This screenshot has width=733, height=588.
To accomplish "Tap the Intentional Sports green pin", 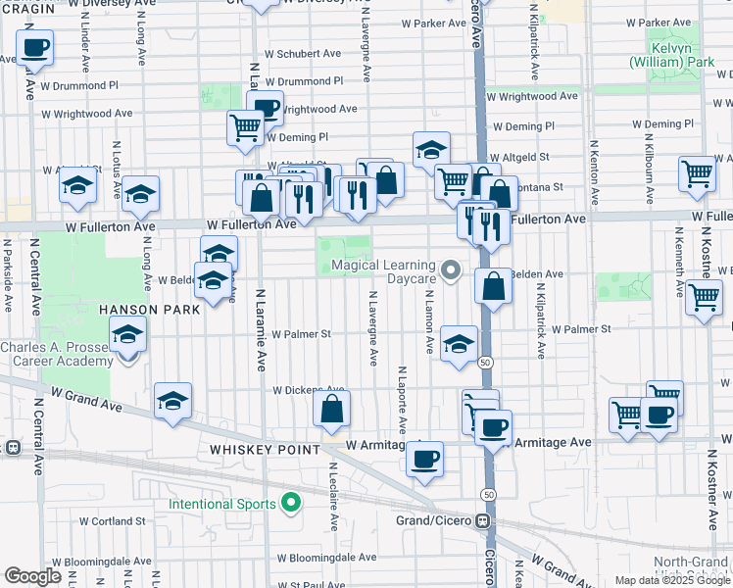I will tap(290, 504).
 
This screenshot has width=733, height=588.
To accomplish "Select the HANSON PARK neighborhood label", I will tap(149, 309).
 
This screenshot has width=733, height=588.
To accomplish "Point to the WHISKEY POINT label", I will tap(265, 449).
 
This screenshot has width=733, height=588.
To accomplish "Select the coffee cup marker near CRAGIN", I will tap(34, 47).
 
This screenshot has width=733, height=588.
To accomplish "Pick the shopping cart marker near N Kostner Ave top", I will tap(697, 173).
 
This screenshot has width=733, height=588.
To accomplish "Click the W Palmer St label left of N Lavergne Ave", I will tap(302, 333).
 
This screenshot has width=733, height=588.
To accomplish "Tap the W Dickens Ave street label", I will tap(309, 389).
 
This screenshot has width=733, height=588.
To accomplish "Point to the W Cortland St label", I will tap(113, 520).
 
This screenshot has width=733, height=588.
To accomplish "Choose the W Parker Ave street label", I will tap(424, 22).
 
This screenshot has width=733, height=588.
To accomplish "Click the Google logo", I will tap(33, 576).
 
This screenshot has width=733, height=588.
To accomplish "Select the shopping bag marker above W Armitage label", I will tap(332, 409).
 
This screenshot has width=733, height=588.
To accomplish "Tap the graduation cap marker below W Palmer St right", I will tap(459, 344).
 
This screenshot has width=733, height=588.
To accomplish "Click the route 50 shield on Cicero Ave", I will tap(487, 363).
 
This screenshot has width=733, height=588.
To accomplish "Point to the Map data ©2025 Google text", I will tap(671, 580).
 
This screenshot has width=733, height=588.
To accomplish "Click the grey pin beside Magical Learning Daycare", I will tap(451, 269).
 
